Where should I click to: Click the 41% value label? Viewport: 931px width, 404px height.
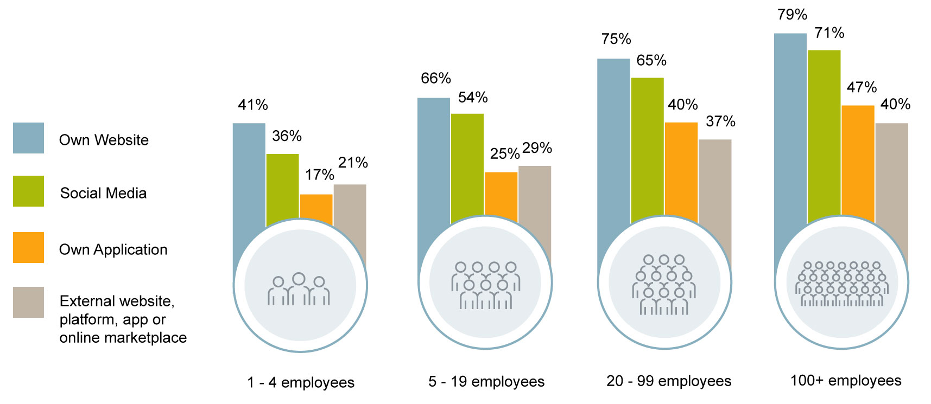click(x=252, y=105)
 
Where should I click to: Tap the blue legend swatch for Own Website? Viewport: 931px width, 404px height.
click(x=28, y=138)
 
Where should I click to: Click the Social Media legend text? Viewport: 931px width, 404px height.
click(x=103, y=193)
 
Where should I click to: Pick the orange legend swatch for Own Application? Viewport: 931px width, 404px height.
click(x=28, y=248)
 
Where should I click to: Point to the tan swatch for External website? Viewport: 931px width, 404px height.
click(x=28, y=303)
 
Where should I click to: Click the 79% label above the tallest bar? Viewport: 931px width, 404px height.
click(x=792, y=15)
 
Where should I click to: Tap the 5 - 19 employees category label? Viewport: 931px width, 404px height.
click(x=486, y=382)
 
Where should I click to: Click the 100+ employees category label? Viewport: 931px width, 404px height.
click(x=845, y=381)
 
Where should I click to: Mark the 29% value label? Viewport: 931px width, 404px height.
click(x=537, y=148)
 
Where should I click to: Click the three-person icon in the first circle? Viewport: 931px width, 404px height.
click(x=299, y=290)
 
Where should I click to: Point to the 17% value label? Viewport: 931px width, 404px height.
click(x=319, y=175)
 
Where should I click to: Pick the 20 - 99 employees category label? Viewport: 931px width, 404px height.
click(x=669, y=381)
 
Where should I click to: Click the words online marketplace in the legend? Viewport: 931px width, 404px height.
click(x=123, y=337)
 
